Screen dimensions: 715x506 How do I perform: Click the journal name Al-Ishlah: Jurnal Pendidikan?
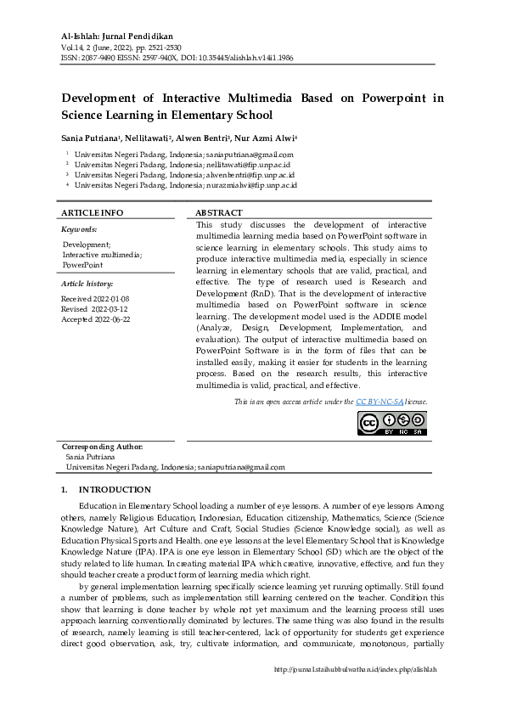(116, 37)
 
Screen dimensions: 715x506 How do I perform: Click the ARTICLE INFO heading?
(93, 212)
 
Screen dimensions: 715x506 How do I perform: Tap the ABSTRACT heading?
(219, 212)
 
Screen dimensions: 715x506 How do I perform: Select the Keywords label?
(79, 229)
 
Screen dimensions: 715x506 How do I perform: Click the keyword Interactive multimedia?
(102, 255)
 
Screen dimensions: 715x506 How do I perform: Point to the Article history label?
(87, 283)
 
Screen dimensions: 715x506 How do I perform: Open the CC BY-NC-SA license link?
(379, 401)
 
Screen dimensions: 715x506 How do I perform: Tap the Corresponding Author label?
(103, 447)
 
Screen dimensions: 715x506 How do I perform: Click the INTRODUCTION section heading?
(115, 490)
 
